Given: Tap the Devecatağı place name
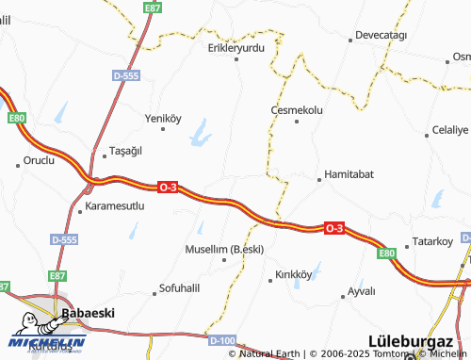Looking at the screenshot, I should (x=381, y=36).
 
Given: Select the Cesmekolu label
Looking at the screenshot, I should (x=297, y=109).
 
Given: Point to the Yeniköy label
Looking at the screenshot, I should (x=162, y=118).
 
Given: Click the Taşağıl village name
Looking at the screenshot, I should (x=124, y=151).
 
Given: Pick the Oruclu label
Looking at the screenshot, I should (x=40, y=159).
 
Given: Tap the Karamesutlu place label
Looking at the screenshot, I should (x=114, y=205).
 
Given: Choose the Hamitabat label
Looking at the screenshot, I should (x=349, y=174).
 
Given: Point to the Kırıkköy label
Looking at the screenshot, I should (x=293, y=274).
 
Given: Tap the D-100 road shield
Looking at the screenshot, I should (x=222, y=339).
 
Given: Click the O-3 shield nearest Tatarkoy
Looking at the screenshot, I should (x=333, y=228).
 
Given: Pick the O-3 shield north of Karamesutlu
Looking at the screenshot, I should (x=168, y=187).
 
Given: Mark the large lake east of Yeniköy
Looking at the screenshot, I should (x=201, y=139).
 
